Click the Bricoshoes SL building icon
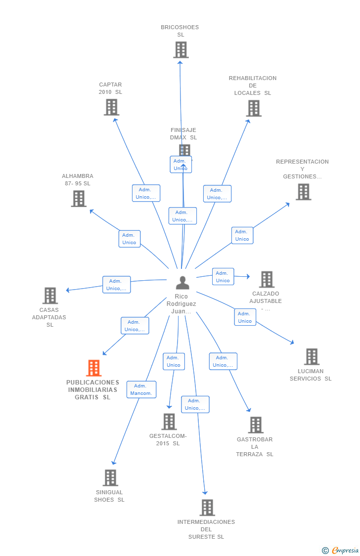[181, 50]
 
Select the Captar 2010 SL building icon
[111, 107]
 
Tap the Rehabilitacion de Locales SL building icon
[254, 108]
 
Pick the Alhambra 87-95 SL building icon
[79, 199]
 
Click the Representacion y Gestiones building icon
[303, 192]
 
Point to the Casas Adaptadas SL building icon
[50, 296]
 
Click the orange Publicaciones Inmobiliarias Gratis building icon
[93, 368]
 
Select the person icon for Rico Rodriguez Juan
[182, 283]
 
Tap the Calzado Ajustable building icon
[267, 279]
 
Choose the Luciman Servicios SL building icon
[312, 357]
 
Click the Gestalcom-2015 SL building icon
[169, 422]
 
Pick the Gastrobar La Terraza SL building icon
[256, 425]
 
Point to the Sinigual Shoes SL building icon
[110, 478]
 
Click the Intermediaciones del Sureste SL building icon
[207, 508]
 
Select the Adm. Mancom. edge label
[141, 389]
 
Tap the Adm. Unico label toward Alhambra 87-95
[130, 239]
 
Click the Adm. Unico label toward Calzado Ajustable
[223, 277]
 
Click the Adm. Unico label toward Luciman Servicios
[245, 317]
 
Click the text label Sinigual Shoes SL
[109, 496]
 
